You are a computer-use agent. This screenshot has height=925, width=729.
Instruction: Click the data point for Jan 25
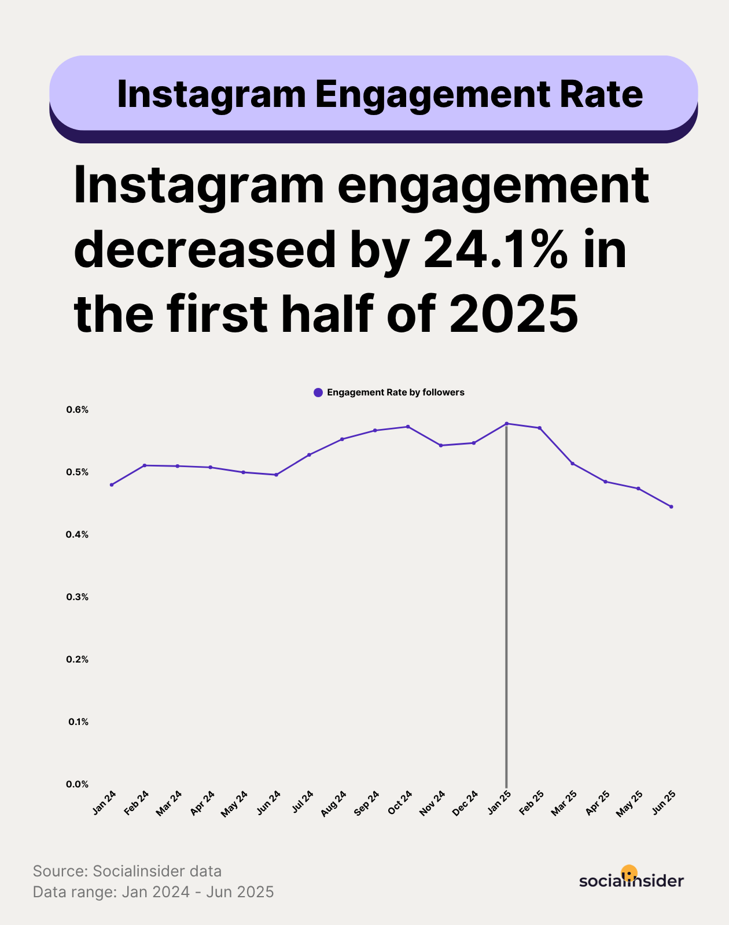pos(507,424)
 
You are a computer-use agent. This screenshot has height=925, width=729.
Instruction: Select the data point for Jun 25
pos(671,507)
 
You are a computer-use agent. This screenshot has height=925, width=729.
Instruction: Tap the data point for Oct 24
pos(408,427)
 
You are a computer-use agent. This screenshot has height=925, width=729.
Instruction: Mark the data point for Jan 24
pos(112,484)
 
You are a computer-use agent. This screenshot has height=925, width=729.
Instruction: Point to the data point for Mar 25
pos(573,464)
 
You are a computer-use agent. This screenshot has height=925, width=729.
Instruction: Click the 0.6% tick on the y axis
pos(78,410)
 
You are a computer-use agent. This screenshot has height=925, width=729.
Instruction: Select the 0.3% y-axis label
pos(78,597)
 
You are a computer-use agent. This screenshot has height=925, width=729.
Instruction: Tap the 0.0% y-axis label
pos(78,785)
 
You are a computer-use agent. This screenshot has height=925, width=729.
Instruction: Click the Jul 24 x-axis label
pos(303,801)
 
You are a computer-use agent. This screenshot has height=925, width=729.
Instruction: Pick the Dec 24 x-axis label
pos(466,803)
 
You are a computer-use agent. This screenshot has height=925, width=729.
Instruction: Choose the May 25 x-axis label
pos(630,804)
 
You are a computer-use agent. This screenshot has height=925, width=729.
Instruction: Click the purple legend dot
pos(318,393)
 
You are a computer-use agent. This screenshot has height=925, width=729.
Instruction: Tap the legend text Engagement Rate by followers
pos(396,393)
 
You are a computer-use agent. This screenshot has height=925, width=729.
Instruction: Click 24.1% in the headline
pos(496,250)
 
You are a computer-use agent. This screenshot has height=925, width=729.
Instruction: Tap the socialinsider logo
pos(631,880)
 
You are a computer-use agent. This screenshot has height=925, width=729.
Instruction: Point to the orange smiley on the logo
pos(629,872)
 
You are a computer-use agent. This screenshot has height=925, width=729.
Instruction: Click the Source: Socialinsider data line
pos(127,871)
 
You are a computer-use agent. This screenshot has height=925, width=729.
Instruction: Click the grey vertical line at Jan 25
pos(507,607)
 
